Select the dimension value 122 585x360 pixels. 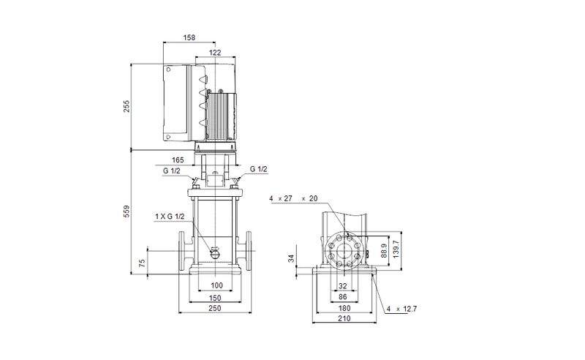(x=215, y=53)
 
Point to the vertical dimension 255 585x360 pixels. (x=125, y=107)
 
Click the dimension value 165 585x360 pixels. (x=178, y=159)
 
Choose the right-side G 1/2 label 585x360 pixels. (x=259, y=169)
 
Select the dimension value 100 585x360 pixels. (x=216, y=285)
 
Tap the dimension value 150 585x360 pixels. (x=216, y=298)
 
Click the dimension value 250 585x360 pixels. (x=216, y=310)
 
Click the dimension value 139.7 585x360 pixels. (x=396, y=248)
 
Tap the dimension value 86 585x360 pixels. (x=342, y=297)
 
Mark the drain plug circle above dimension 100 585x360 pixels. (x=214, y=253)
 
